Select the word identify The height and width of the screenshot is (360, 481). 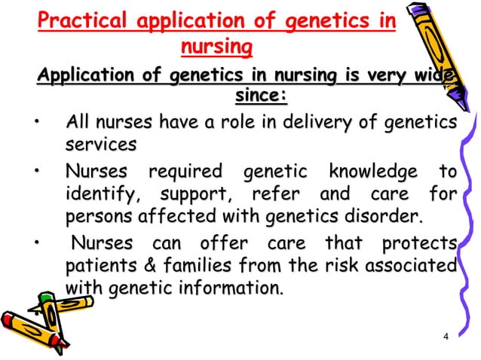98,195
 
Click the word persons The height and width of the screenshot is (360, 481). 102,218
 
